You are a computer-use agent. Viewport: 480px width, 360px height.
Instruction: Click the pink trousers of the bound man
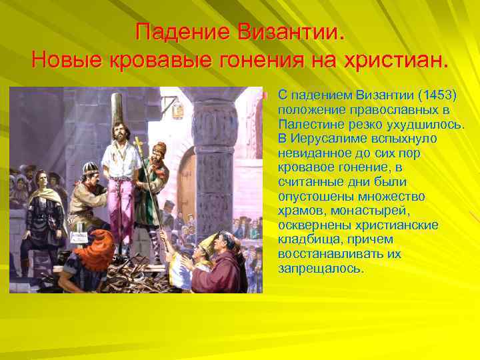point(123,207)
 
